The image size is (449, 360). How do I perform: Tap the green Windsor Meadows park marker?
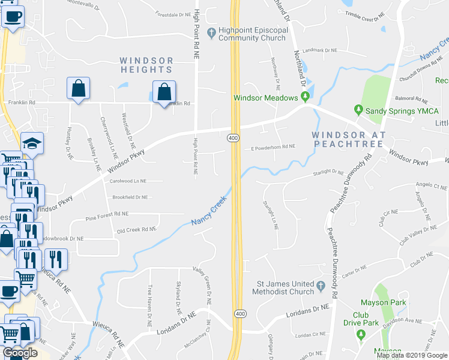coord(305,97)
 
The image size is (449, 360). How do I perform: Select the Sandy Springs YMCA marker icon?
coord(358,110)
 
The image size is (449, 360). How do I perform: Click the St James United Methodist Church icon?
coord(321,284)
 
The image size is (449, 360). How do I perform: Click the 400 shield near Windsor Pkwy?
coord(233,139)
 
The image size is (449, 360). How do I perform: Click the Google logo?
coord(19,353)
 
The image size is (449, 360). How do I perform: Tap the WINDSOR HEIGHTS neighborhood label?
coord(146,65)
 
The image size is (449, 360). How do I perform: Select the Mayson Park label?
coord(384,302)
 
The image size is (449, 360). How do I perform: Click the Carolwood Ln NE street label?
coord(128,181)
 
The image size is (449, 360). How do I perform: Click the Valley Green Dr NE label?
coord(202,284)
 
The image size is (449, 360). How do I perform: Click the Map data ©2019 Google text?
coord(412,355)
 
